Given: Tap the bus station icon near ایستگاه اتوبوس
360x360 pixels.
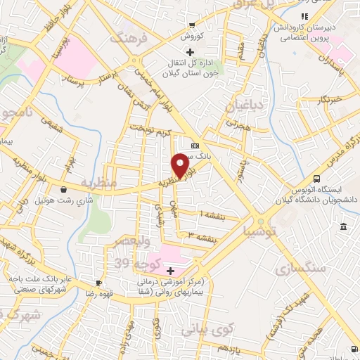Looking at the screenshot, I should tap(317, 179).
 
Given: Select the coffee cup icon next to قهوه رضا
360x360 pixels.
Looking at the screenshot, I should tap(99, 283).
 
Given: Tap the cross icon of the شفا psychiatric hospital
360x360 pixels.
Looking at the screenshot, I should tap(169, 270).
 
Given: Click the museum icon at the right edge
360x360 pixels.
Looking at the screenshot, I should tap(342, 226).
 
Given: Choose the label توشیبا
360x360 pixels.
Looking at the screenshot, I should tap(260, 230).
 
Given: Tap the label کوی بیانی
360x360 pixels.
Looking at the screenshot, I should tap(204, 328).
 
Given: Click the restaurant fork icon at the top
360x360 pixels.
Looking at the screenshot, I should tap(304, 16).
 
